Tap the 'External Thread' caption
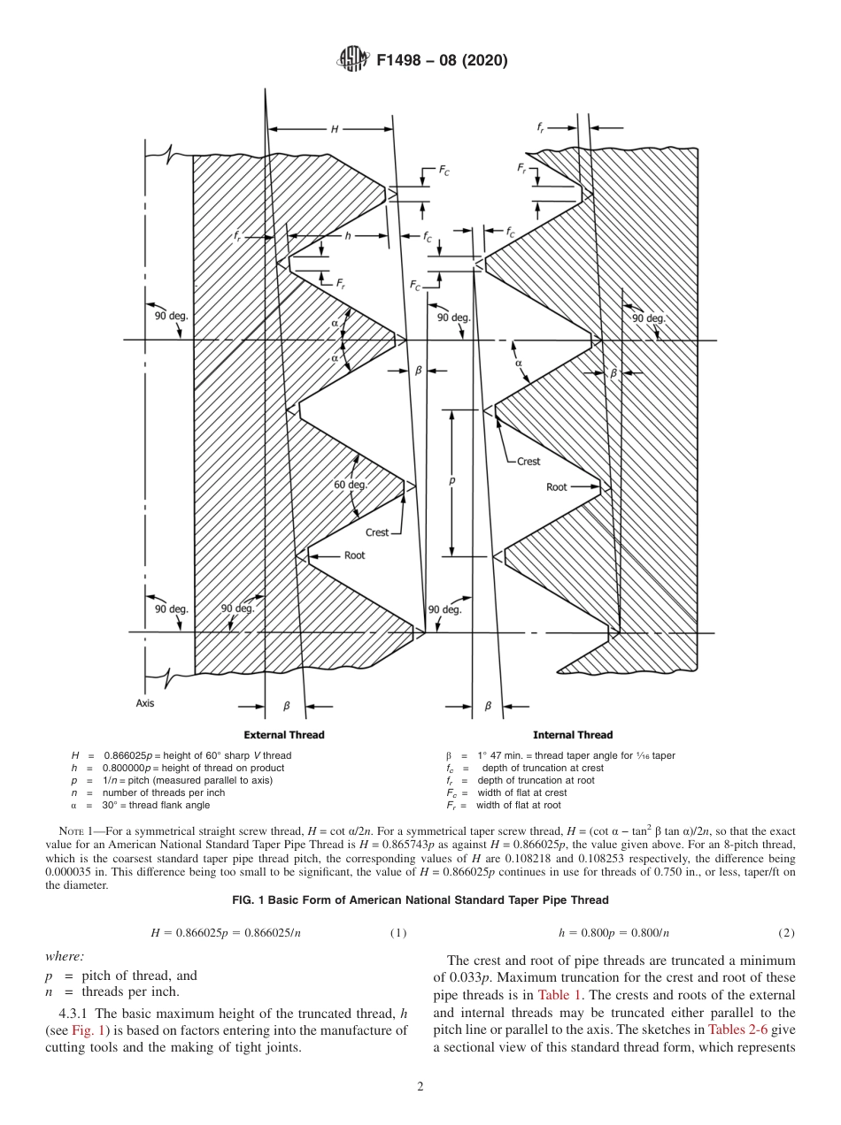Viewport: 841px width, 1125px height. pyautogui.click(x=284, y=735)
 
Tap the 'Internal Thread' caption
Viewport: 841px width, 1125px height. pyautogui.click(x=573, y=735)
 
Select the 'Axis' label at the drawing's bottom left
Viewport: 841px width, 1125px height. pyautogui.click(x=145, y=703)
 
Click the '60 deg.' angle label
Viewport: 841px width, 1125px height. pyautogui.click(x=351, y=485)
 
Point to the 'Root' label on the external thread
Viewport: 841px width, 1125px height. pyautogui.click(x=354, y=555)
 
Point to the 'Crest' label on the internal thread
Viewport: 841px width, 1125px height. pyautogui.click(x=529, y=461)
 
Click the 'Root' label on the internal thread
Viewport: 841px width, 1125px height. pyautogui.click(x=557, y=487)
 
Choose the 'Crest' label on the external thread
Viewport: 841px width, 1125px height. pyautogui.click(x=377, y=532)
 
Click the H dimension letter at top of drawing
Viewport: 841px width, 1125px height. pyautogui.click(x=335, y=129)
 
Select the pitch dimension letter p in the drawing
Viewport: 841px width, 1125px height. pyautogui.click(x=452, y=482)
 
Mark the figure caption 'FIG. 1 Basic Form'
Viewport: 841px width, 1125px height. pyautogui.click(x=420, y=900)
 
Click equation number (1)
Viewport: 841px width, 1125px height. pyautogui.click(x=398, y=933)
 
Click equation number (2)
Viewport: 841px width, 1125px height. pyautogui.click(x=787, y=933)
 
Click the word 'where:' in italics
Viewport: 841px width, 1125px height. pyautogui.click(x=65, y=955)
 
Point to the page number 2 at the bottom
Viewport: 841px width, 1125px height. pyautogui.click(x=420, y=1087)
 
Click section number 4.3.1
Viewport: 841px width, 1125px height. pyautogui.click(x=74, y=1013)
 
